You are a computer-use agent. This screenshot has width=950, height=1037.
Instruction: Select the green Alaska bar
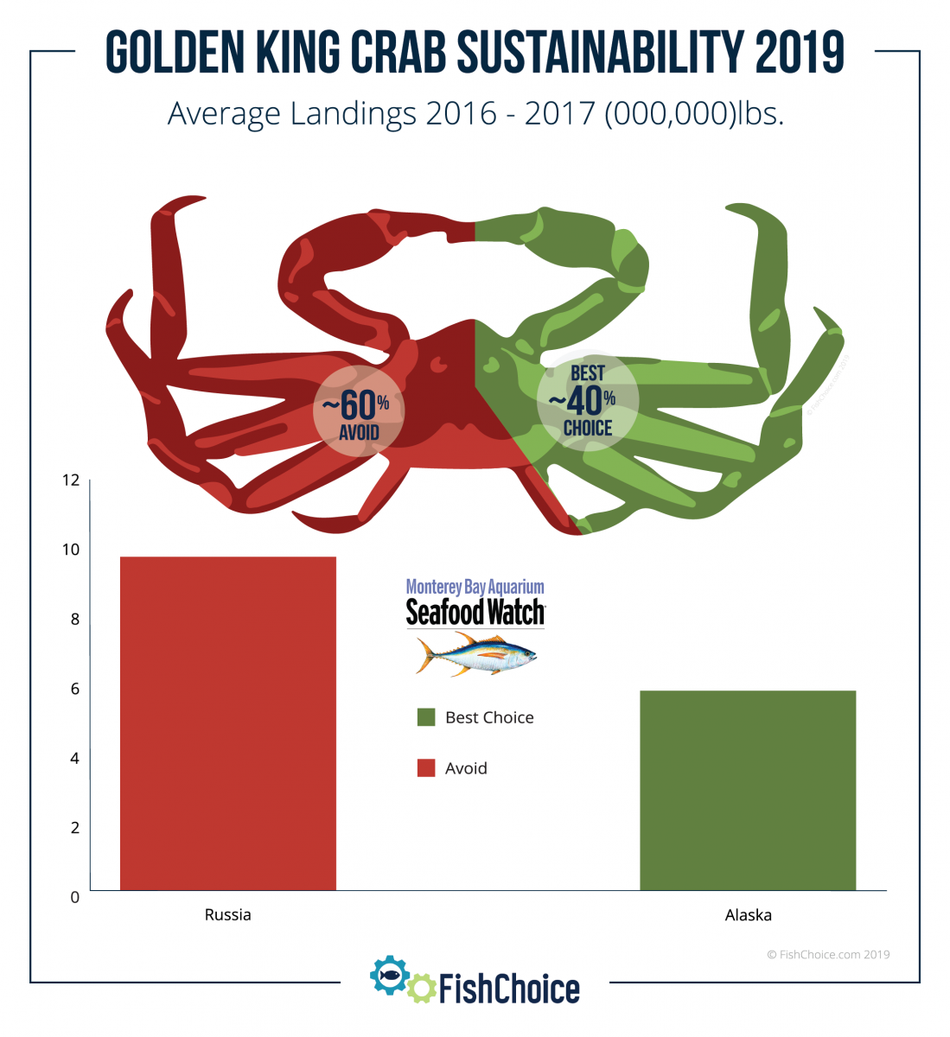748,790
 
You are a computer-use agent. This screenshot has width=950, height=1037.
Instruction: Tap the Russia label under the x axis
227,914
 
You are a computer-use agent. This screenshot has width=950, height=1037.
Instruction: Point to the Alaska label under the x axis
748,914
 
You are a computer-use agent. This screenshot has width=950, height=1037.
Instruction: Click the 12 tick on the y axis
70,480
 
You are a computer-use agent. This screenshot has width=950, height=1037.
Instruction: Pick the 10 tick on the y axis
70,550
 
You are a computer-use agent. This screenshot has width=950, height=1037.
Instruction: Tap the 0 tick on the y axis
74,897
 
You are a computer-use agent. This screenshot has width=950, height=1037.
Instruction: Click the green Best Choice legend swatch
426,717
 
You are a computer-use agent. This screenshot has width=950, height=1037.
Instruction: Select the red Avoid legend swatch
426,768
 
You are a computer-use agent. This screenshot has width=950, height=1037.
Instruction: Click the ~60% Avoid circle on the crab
358,411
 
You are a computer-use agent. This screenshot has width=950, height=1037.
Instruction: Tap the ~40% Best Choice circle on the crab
587,401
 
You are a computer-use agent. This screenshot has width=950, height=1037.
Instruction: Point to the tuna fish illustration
475,653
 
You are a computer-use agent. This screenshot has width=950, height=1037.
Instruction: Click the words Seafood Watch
475,613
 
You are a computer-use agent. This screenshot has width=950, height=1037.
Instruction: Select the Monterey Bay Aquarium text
475,588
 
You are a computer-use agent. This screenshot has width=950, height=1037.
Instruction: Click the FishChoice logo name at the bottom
509,989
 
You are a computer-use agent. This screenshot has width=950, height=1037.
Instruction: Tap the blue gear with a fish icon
390,976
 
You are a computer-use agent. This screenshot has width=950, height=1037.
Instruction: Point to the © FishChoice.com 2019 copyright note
828,955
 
